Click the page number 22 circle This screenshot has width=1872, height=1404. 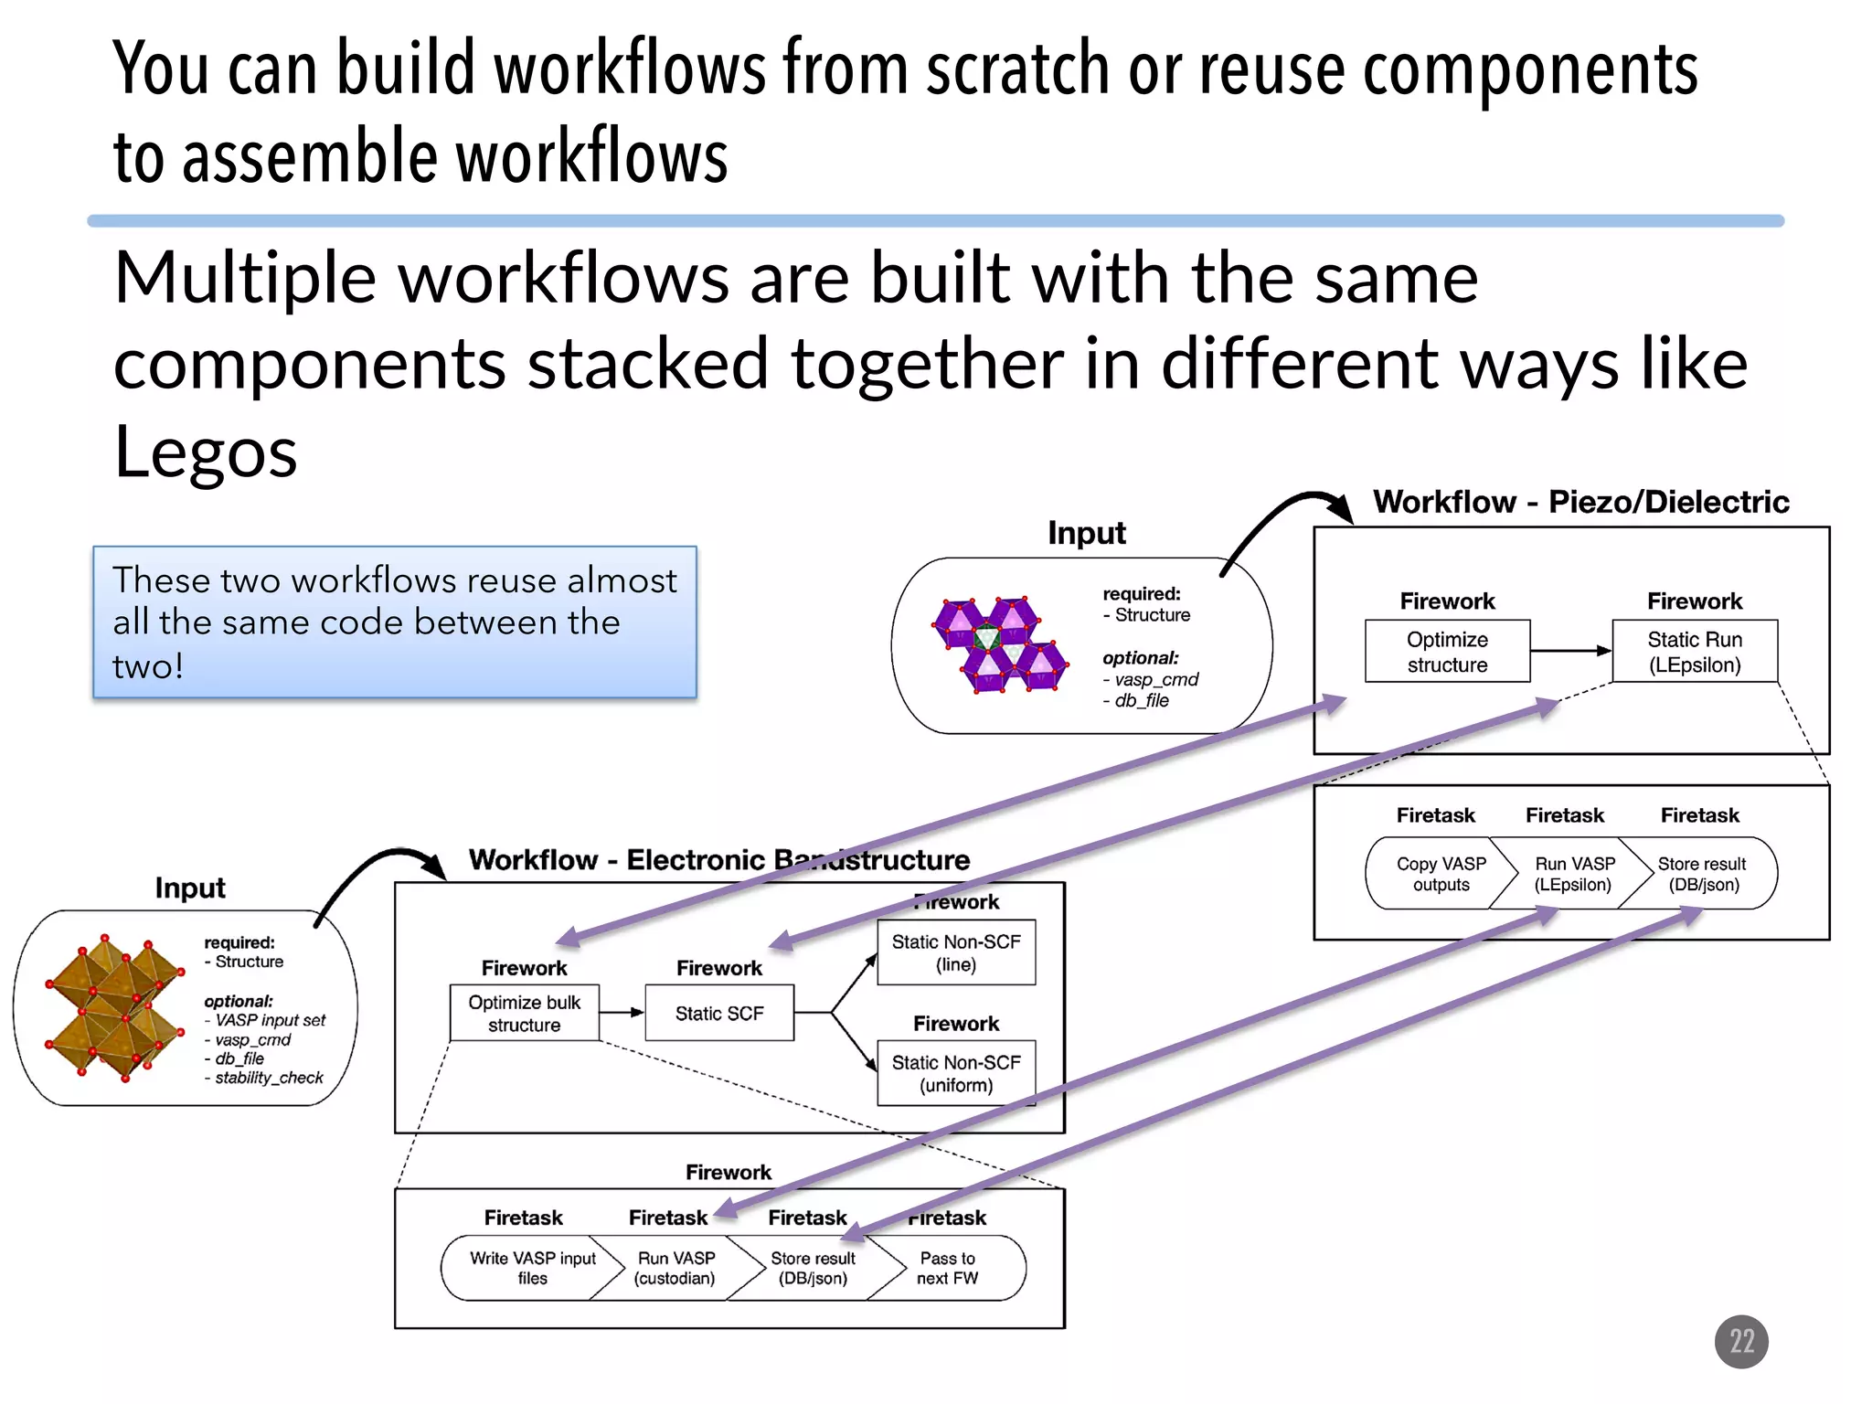[1740, 1341]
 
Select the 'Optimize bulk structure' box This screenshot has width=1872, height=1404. [524, 1013]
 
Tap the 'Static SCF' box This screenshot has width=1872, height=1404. [718, 1013]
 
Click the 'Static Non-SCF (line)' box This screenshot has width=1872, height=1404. [955, 952]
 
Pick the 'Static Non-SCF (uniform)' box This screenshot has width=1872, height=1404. [955, 1073]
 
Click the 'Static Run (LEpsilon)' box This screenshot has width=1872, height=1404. [1694, 652]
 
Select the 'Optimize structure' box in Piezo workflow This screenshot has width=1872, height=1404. [1446, 652]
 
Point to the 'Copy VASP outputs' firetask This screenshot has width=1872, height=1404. [1440, 874]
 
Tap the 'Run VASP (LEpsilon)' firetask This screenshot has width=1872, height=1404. [1573, 874]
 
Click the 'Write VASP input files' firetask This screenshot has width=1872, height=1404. [532, 1268]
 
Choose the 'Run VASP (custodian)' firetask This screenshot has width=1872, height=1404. [675, 1268]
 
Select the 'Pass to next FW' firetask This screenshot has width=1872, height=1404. [947, 1268]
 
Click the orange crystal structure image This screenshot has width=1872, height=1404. [114, 1007]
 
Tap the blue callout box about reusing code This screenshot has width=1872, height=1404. [394, 622]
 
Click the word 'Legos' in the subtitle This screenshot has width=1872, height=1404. [206, 452]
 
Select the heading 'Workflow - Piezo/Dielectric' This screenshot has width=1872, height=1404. [1580, 502]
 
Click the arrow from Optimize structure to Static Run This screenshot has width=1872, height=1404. [1569, 651]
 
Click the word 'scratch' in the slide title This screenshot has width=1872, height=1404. [1016, 69]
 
